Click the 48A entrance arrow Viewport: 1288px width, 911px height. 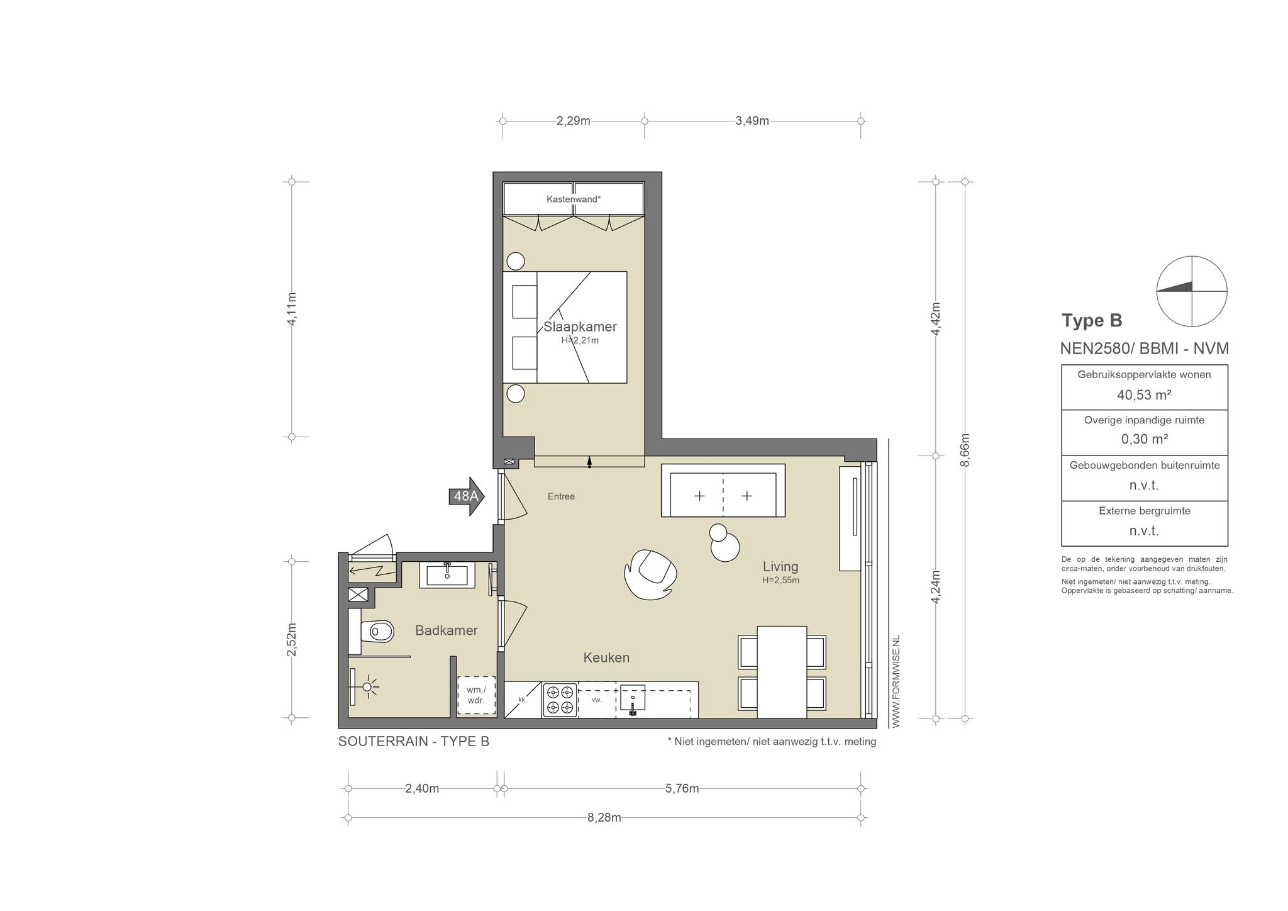pos(466,496)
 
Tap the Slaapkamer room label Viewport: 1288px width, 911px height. pos(580,327)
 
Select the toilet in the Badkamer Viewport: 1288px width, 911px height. pos(376,631)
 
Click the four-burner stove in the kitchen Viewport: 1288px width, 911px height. pos(560,700)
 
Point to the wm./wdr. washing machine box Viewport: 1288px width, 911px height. pos(476,695)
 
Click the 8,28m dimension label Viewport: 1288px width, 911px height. pos(604,817)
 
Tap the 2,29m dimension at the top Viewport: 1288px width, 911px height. pos(573,121)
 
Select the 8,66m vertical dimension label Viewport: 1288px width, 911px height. pos(965,450)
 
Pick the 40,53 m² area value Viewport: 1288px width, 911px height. pos(1144,395)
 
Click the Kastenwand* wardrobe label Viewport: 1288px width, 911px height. pos(574,199)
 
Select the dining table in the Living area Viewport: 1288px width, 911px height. pos(782,672)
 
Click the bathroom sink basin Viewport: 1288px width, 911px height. pos(447,575)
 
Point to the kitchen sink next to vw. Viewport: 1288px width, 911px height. pos(632,699)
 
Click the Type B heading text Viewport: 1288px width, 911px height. pos(1092,321)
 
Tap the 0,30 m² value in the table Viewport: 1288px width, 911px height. pos(1145,439)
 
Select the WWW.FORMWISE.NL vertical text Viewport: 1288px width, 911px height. pos(896,681)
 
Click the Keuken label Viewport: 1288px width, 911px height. pos(606,657)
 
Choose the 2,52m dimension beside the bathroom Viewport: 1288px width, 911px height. pos(292,639)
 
